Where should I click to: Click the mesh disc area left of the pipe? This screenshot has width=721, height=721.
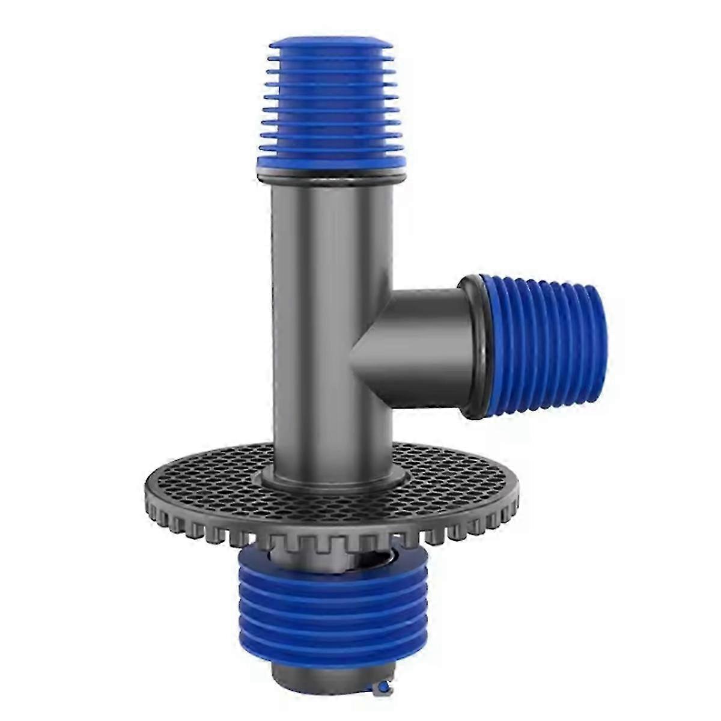210,475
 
